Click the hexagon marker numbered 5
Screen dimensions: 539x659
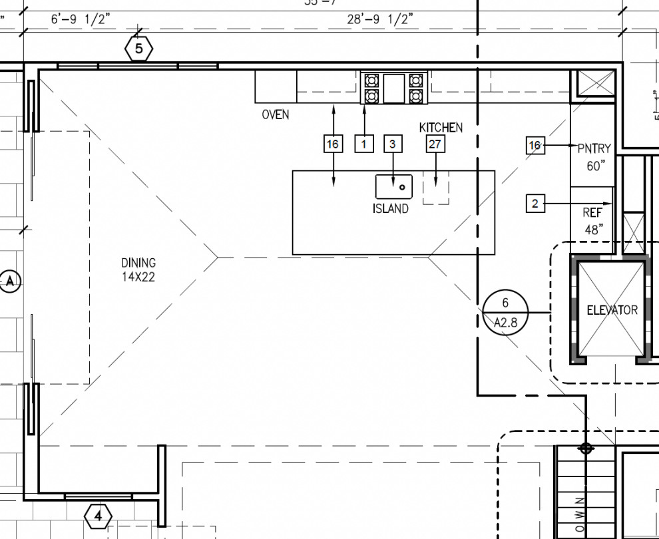(138, 49)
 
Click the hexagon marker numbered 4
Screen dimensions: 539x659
(99, 515)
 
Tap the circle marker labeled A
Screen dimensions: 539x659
(10, 281)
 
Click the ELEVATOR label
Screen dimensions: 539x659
(612, 310)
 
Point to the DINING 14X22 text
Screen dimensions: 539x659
(138, 270)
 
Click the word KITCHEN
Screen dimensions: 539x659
(441, 127)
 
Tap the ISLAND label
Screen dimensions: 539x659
(390, 209)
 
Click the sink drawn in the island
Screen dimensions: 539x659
(394, 186)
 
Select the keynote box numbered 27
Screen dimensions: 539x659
(435, 144)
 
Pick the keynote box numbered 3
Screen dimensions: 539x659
(393, 144)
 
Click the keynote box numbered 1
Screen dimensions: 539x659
(364, 144)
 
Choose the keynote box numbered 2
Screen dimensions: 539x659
(535, 204)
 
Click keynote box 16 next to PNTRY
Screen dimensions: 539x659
(535, 145)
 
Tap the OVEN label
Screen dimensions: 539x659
(275, 114)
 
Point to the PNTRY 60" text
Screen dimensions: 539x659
(594, 158)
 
